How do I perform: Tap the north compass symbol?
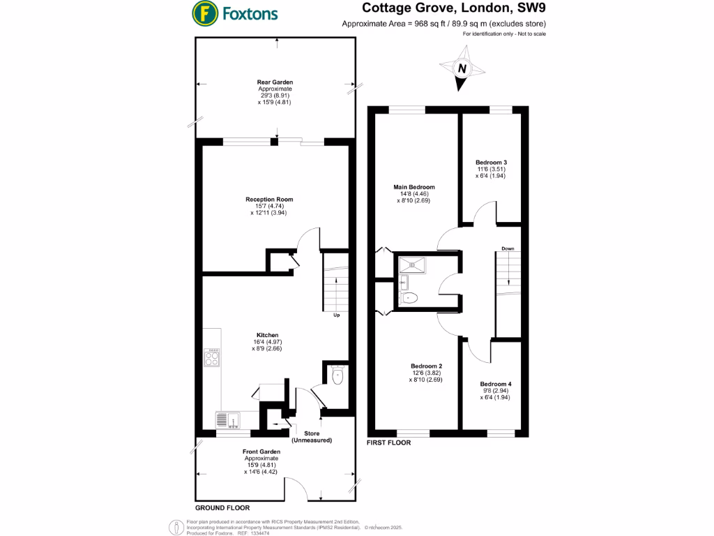[x=460, y=68]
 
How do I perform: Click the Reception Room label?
[x=269, y=200]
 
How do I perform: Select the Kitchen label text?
[x=267, y=334]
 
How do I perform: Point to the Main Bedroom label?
[x=414, y=187]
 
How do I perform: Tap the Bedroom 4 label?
[x=495, y=384]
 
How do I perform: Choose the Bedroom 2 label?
[x=426, y=366]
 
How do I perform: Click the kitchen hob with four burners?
[x=212, y=358]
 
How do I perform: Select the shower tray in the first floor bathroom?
[x=417, y=264]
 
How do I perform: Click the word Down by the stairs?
[x=507, y=248]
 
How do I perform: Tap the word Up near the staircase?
[x=336, y=315]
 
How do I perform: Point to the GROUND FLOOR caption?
[x=222, y=507]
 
